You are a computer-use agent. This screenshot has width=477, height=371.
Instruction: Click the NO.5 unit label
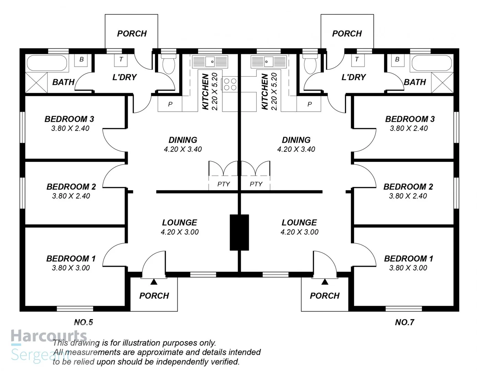coord(84,322)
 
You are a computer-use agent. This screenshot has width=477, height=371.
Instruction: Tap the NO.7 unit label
coord(404,322)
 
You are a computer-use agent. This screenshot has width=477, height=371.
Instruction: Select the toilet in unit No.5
coord(169,64)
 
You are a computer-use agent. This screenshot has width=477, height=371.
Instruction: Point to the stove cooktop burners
coord(230,84)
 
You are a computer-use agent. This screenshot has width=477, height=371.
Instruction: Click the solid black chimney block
coord(239,232)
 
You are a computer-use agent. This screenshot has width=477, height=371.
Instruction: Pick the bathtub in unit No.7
coord(432,63)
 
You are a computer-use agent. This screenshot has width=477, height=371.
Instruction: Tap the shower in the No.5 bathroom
coord(36,82)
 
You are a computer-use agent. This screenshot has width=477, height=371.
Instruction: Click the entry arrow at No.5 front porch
coord(154,281)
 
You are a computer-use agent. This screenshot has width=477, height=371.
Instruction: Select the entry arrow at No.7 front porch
coord(325,281)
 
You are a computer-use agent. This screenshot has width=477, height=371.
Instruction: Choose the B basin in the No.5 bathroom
coord(81,60)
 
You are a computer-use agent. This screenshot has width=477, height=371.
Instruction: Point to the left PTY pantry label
coord(223,184)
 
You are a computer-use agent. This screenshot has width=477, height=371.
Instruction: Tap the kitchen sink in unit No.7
coord(269,61)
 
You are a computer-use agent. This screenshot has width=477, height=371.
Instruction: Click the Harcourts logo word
coord(49,336)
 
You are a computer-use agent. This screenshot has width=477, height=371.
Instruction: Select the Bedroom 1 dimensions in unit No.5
coord(71,268)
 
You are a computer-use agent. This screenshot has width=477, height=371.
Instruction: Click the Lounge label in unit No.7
coord(299,223)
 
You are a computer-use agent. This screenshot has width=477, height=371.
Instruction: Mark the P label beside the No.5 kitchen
coord(170,104)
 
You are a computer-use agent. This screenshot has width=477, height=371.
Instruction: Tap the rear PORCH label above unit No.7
coord(347,34)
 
